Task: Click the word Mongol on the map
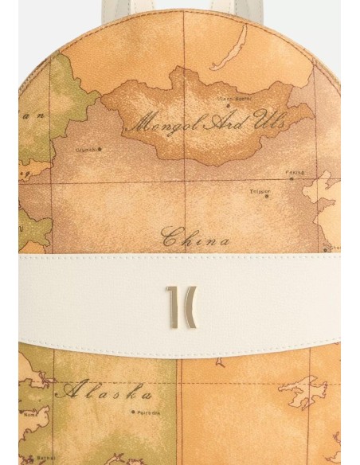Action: tap(156, 124)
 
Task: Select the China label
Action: tap(196, 237)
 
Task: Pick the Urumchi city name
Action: tap(87, 150)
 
